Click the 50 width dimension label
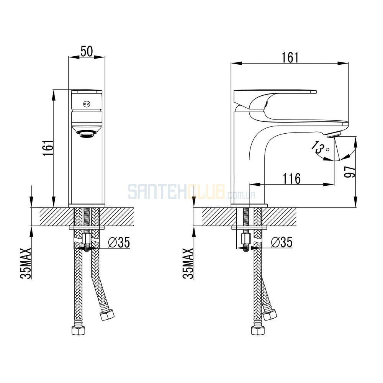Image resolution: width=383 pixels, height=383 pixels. pyautogui.click(x=87, y=52)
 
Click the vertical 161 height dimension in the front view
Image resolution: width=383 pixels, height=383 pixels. pyautogui.click(x=48, y=148)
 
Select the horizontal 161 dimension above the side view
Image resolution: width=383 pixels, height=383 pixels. pyautogui.click(x=290, y=58)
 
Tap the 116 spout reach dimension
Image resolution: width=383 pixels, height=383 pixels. pyautogui.click(x=291, y=178)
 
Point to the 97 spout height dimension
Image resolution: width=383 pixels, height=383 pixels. pyautogui.click(x=350, y=172)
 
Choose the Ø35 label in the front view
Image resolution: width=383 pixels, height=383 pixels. pyautogui.click(x=119, y=242)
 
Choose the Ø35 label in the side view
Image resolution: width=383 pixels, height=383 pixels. pyautogui.click(x=282, y=242)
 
